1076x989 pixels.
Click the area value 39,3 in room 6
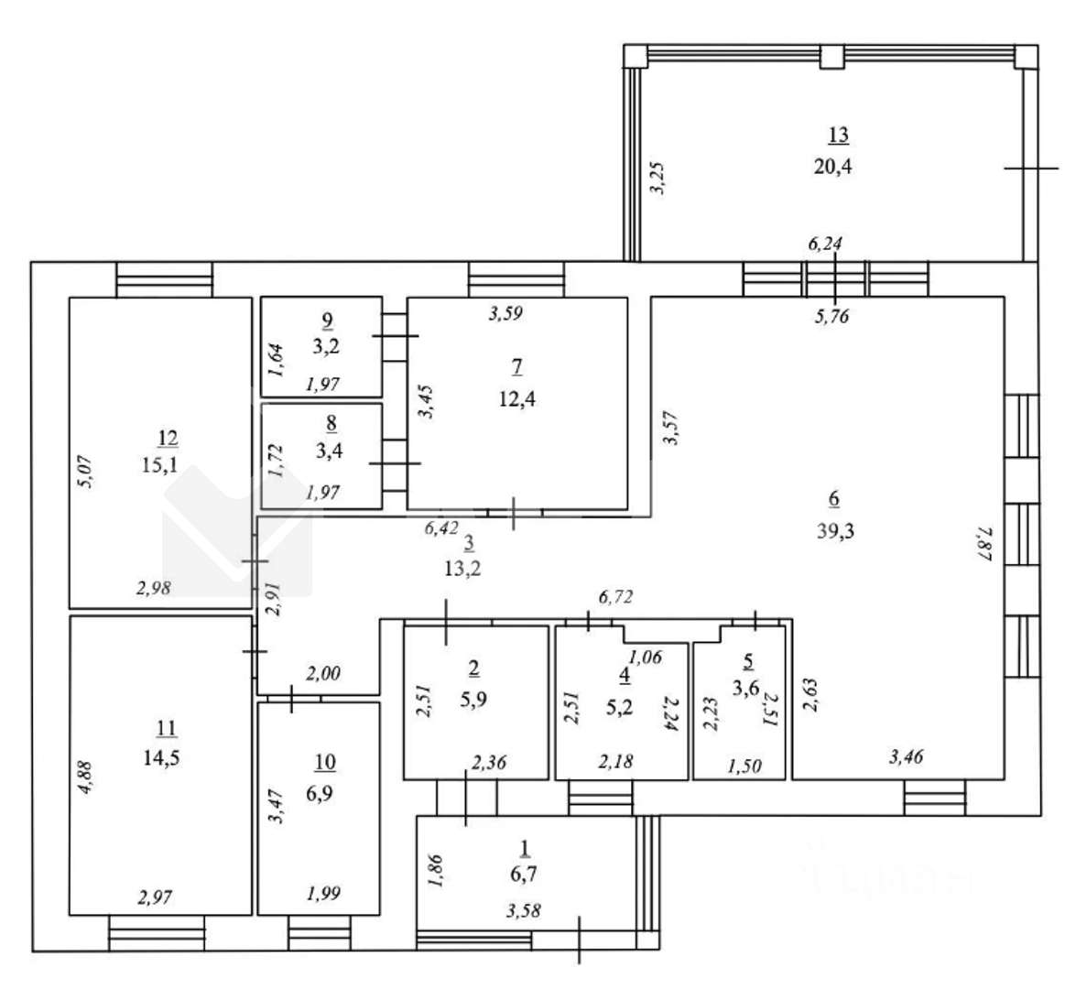(835, 530)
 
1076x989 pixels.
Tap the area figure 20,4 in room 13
(833, 166)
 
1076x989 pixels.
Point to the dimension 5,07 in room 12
(87, 472)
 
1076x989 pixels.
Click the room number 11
(167, 727)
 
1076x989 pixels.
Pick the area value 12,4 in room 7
(516, 398)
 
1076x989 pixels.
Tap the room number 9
(327, 320)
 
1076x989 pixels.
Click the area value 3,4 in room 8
(330, 451)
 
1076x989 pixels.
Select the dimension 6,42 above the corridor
(440, 527)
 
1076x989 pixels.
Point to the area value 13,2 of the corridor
(462, 569)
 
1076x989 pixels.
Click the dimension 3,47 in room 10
(275, 807)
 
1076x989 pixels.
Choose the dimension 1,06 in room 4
(645, 657)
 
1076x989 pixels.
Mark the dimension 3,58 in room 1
(524, 910)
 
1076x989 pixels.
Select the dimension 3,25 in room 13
(658, 178)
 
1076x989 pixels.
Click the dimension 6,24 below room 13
(825, 244)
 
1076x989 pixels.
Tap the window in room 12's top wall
(165, 279)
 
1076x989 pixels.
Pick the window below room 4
(601, 798)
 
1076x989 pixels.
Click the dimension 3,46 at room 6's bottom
(906, 757)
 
